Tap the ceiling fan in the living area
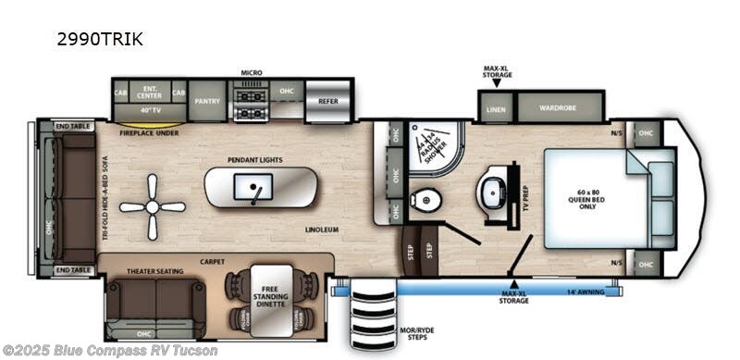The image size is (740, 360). (153, 207)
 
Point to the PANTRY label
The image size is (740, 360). (207, 95)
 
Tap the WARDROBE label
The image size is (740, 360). (559, 106)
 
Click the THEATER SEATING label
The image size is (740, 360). (155, 271)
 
